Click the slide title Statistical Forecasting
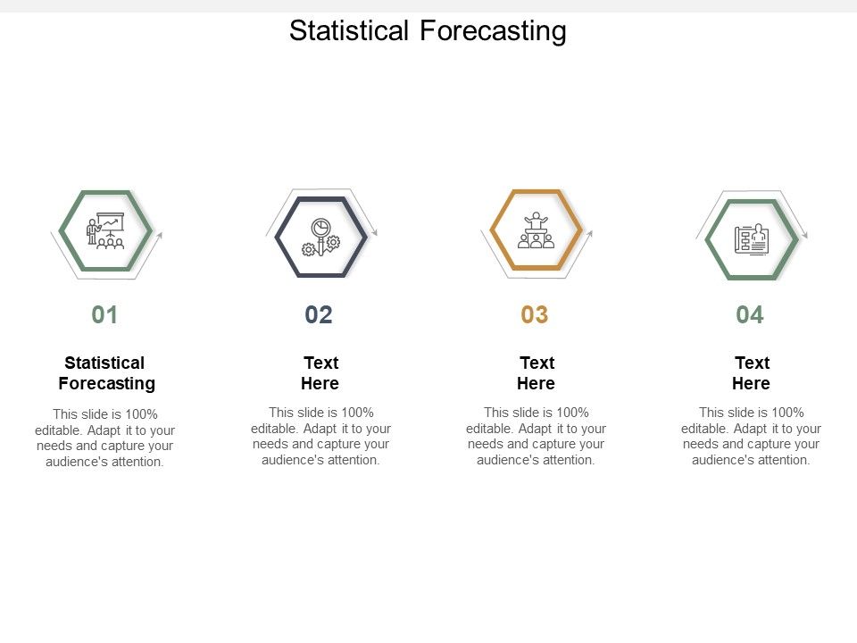click(428, 30)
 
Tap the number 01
click(104, 314)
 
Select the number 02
click(319, 314)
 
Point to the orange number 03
click(535, 314)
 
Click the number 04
click(750, 314)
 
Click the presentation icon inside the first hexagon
click(106, 230)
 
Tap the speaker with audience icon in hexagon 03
click(536, 230)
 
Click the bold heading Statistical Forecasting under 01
click(106, 373)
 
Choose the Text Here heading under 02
click(320, 373)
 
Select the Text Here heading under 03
click(536, 373)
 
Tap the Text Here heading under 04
click(751, 373)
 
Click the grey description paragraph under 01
click(105, 438)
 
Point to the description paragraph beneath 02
click(320, 436)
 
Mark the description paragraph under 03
click(536, 436)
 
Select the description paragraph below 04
click(751, 436)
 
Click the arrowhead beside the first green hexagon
click(159, 237)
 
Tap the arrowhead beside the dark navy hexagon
click(374, 232)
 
